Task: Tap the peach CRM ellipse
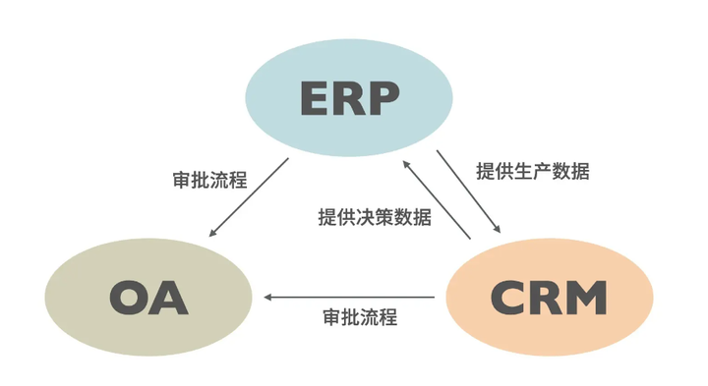tap(550, 297)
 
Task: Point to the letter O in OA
tap(129, 298)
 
